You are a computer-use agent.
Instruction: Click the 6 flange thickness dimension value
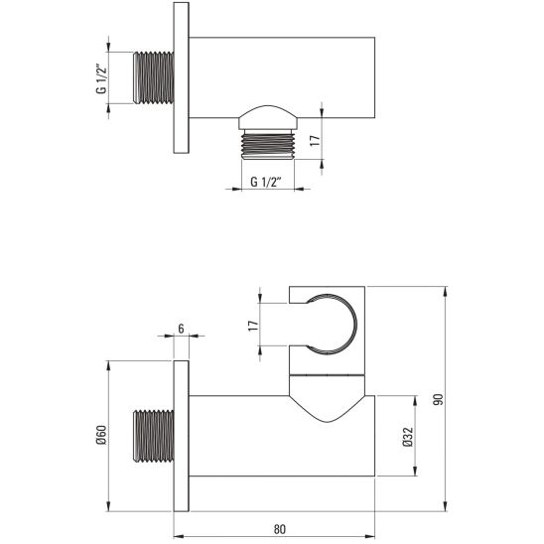(182, 329)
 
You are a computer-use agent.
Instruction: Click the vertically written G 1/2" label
(101, 76)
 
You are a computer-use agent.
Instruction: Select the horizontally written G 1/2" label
(264, 181)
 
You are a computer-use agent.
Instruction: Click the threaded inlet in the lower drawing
(153, 435)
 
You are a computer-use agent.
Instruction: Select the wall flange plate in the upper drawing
(182, 77)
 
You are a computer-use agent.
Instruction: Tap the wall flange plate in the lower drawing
(182, 435)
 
